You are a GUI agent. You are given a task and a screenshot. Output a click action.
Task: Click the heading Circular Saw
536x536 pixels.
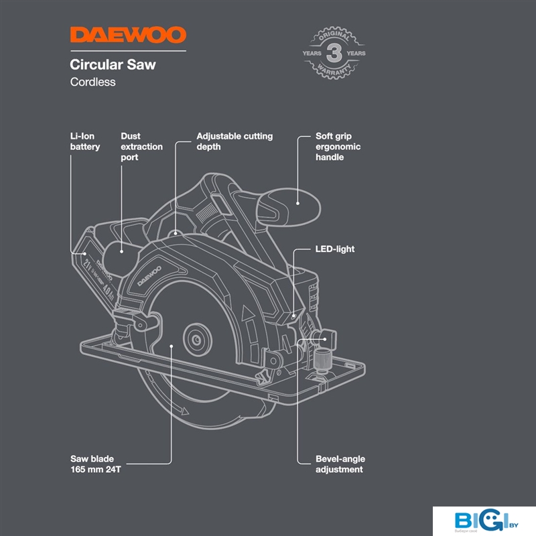click(x=113, y=65)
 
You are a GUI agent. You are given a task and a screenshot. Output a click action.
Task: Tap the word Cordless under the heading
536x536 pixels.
click(x=93, y=82)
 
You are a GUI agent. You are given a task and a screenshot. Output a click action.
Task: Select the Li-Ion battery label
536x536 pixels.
click(x=85, y=141)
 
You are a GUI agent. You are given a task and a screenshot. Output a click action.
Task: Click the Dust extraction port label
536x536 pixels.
click(x=141, y=147)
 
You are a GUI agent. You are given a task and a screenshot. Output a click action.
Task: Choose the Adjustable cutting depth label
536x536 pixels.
click(x=234, y=141)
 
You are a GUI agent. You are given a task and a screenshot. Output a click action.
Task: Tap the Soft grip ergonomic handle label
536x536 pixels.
click(x=338, y=147)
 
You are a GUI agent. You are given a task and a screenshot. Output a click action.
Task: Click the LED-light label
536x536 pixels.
click(x=335, y=249)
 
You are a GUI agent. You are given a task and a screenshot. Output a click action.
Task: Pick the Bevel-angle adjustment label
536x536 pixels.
click(x=340, y=464)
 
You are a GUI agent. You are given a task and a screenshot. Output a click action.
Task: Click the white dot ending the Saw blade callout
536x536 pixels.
click(x=172, y=346)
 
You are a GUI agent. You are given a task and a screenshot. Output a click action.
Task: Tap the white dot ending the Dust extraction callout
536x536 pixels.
click(x=121, y=253)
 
